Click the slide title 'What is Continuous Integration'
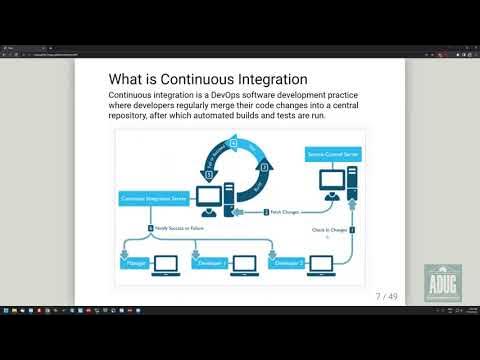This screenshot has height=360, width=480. click(x=207, y=79)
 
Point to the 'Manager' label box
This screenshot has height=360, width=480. click(x=137, y=266)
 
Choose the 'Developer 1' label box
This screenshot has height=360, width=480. click(x=209, y=266)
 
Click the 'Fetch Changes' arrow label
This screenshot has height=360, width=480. click(x=281, y=211)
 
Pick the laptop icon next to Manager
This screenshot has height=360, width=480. click(x=167, y=264)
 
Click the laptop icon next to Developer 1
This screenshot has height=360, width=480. click(x=244, y=264)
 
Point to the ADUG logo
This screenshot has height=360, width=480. click(x=442, y=286)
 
